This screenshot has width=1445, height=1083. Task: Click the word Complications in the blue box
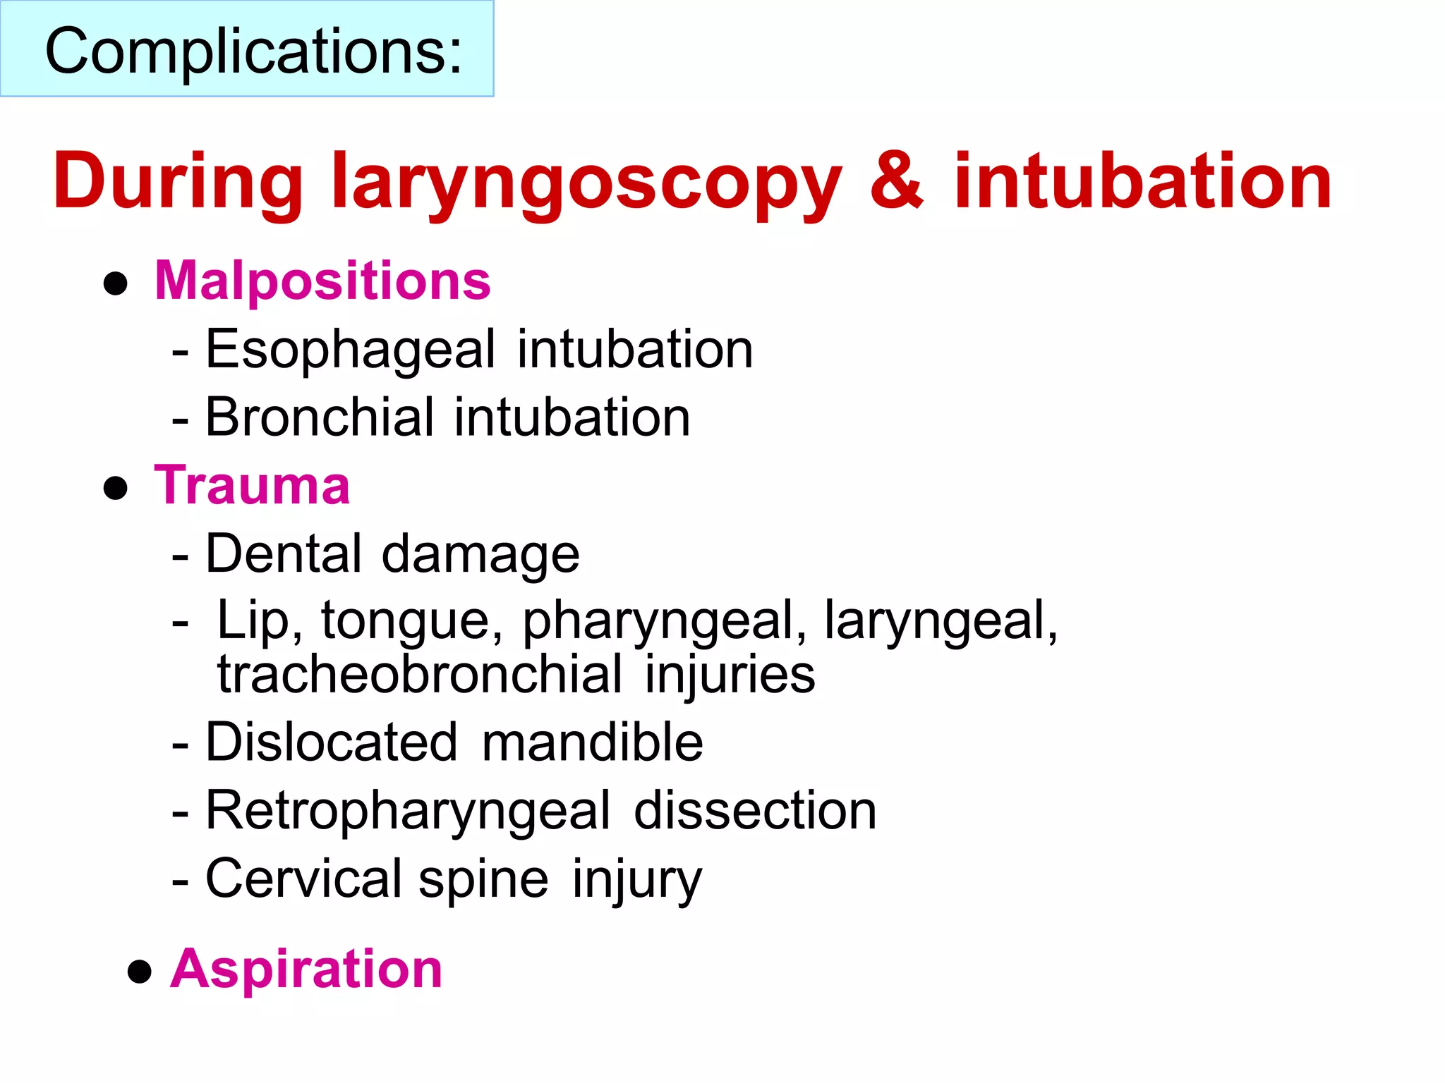pyautogui.click(x=253, y=51)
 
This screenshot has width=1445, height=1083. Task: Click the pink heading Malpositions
pyautogui.click(x=322, y=281)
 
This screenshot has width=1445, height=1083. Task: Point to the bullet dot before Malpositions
pyautogui.click(x=115, y=284)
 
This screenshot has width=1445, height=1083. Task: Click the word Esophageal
pyautogui.click(x=351, y=350)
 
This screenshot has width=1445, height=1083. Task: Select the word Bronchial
pyautogui.click(x=320, y=417)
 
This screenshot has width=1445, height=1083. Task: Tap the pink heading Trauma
pyautogui.click(x=252, y=486)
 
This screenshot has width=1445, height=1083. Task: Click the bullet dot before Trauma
pyautogui.click(x=115, y=489)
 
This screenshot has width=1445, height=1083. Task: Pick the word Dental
pyautogui.click(x=284, y=554)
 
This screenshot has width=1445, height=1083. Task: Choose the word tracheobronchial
pyautogui.click(x=420, y=674)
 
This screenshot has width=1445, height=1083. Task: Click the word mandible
pyautogui.click(x=593, y=742)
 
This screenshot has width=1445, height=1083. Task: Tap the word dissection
pyautogui.click(x=755, y=811)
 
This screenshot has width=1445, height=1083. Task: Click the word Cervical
pyautogui.click(x=303, y=879)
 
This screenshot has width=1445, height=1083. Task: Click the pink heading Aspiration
pyautogui.click(x=306, y=969)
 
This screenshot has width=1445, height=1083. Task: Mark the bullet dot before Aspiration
pyautogui.click(x=140, y=972)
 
